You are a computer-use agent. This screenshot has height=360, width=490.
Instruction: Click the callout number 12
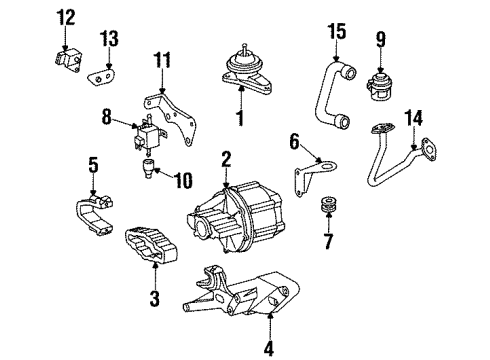tap(66, 17)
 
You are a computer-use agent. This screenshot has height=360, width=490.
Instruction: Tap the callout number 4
tap(269, 349)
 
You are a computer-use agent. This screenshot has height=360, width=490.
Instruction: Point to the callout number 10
tap(184, 181)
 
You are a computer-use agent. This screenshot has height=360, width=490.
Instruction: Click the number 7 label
tap(328, 242)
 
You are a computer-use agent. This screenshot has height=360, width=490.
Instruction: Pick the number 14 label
tap(414, 118)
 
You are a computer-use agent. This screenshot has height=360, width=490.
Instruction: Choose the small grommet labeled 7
tap(328, 204)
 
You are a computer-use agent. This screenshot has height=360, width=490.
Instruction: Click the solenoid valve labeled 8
tap(148, 134)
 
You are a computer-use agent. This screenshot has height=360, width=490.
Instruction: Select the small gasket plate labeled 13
tap(101, 78)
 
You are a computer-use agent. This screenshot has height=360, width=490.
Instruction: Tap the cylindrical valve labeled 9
tap(379, 85)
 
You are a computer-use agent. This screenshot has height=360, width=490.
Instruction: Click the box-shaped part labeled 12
tap(69, 61)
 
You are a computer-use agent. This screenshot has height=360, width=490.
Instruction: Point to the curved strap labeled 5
tap(93, 213)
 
